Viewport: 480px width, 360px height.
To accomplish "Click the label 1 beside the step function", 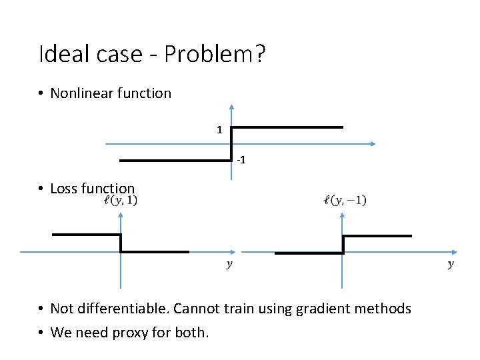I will [x=219, y=130].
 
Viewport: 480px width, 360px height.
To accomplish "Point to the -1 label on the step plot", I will [x=241, y=161].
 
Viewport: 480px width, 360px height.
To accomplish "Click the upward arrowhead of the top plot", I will [x=231, y=107].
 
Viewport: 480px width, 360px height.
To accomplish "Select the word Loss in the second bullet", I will [x=64, y=189].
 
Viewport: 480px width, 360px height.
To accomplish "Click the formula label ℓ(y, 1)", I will [x=121, y=200].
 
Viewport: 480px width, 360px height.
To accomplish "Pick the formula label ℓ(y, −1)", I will [x=344, y=200].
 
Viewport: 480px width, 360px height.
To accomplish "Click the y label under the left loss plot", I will [x=229, y=265].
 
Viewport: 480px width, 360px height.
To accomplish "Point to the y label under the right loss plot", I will [x=451, y=265].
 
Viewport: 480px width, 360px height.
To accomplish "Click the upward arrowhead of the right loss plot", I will [x=343, y=216].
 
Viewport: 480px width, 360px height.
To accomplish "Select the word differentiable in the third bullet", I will [x=121, y=309].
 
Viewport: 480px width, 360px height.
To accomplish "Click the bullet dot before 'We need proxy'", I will [x=41, y=332].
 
